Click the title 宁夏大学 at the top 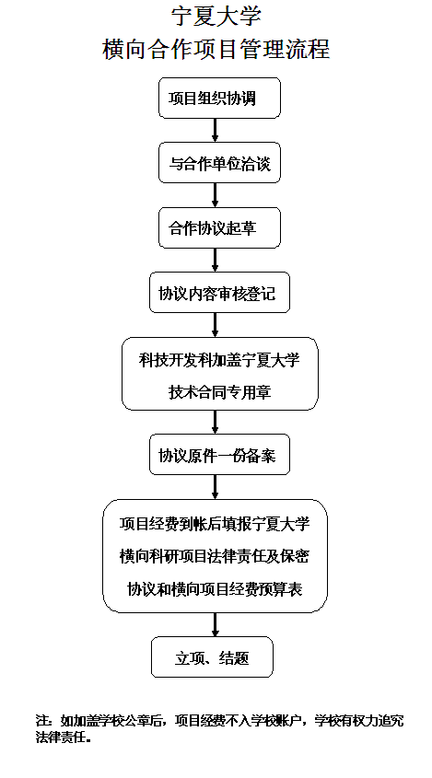point(216,16)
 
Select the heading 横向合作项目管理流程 point(216,49)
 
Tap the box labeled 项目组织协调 point(219,98)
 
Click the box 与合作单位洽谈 point(219,163)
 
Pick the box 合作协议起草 point(219,227)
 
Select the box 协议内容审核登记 point(219,292)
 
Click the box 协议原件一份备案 point(219,455)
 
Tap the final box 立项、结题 point(212,657)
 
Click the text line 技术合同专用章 point(219,392)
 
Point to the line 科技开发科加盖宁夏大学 point(219,360)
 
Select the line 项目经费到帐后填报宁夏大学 point(215,524)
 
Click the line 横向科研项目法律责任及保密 point(215,556)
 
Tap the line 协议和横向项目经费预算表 point(215,588)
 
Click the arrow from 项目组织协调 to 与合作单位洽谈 point(215,131)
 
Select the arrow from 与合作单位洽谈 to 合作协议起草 point(215,195)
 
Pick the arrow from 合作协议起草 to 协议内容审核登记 point(215,260)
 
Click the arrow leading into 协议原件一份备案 point(215,423)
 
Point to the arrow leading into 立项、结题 point(215,624)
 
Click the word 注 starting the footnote point(41,719)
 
